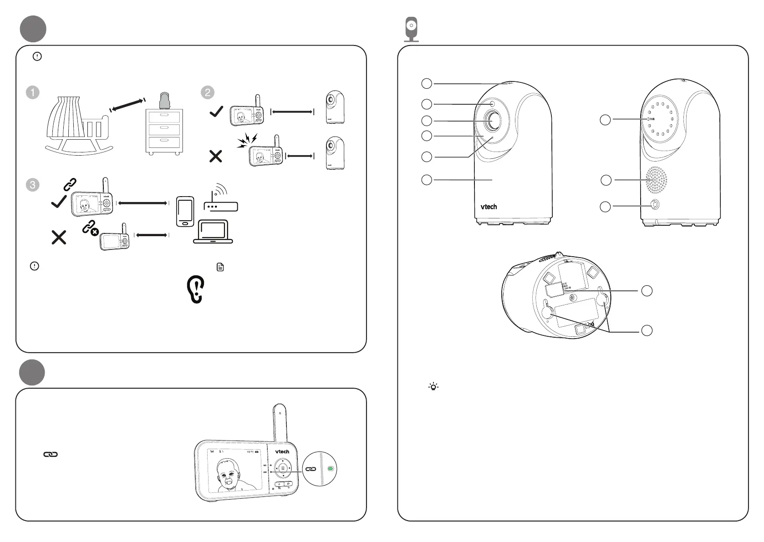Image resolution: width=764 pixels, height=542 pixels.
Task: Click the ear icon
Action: pyautogui.click(x=196, y=290)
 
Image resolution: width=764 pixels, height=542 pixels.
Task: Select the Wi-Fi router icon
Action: pyautogui.click(x=221, y=201)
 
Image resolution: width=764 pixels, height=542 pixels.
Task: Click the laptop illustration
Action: pyautogui.click(x=213, y=232)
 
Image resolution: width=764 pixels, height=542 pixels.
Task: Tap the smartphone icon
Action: pyautogui.click(x=185, y=212)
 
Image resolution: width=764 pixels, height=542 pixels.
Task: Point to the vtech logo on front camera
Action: pyautogui.click(x=489, y=207)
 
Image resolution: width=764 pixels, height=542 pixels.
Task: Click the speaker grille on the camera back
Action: pyautogui.click(x=656, y=180)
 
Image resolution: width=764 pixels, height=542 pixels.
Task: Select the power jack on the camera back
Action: pyautogui.click(x=655, y=205)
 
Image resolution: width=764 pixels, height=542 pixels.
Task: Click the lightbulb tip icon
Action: pyautogui.click(x=433, y=387)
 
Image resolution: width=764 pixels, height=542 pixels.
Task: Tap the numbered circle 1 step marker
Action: pyautogui.click(x=33, y=92)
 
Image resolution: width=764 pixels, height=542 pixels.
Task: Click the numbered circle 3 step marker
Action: pyautogui.click(x=33, y=185)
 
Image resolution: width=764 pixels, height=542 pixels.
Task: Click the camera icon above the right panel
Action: pyautogui.click(x=412, y=29)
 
